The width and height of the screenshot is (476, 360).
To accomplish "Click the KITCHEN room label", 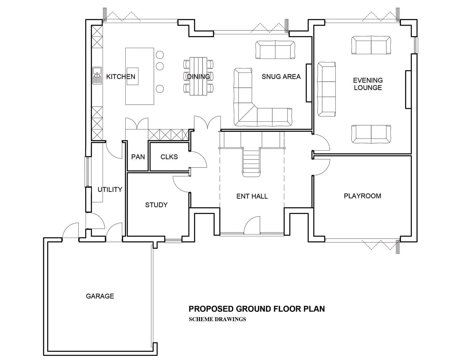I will coord(121,77).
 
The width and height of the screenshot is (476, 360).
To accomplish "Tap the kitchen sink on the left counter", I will coord(97,76).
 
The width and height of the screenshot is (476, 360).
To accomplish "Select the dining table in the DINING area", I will coord(198,76).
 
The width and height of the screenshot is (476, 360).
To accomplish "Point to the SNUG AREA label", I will coord(281,77).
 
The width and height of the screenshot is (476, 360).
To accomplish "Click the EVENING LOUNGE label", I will coord(368,84).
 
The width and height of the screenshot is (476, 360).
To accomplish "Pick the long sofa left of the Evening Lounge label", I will coord(326,89).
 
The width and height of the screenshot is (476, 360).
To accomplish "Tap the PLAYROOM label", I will coord(362,196).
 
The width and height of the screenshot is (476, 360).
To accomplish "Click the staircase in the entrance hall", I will coord(251,162).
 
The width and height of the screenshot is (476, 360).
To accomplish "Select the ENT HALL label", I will coord(252,196).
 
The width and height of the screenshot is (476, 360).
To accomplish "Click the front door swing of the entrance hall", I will coord(252,225).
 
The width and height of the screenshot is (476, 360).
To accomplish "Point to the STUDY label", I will coord(156,205).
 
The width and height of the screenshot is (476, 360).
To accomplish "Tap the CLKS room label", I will coord(169,157).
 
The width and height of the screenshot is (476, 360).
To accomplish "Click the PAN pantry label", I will coord(138,157).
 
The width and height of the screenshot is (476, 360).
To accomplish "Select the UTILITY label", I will coord(110,190).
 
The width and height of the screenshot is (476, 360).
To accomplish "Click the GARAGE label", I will coord(100,296).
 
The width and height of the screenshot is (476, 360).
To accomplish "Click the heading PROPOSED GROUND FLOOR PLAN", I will coord(256,309).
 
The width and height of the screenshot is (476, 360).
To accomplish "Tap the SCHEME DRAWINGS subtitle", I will coord(217,319).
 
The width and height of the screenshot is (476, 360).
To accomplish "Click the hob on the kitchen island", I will coord(132,76).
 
